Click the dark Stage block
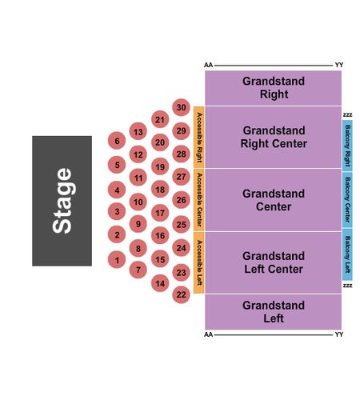click(62, 201)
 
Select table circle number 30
click(181, 107)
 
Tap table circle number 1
click(117, 260)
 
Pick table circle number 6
click(117, 141)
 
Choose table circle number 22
click(181, 294)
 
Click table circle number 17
click(160, 213)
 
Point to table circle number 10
click(138, 202)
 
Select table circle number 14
click(160, 283)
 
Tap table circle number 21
click(160, 119)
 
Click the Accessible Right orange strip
click(199, 138)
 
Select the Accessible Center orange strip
click(199, 200)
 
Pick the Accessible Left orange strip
click(199, 262)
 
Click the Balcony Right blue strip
click(347, 146)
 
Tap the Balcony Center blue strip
click(347, 200)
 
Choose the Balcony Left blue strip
click(347, 254)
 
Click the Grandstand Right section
click(273, 88)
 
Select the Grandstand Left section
click(273, 312)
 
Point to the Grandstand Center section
click(273, 200)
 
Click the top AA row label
click(208, 65)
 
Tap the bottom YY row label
click(339, 334)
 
